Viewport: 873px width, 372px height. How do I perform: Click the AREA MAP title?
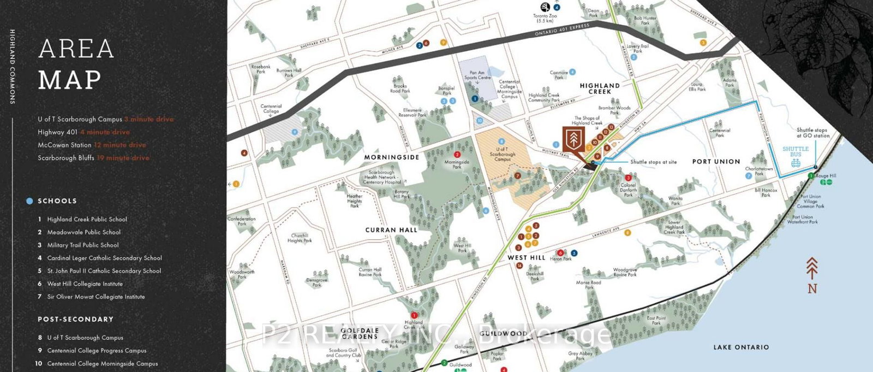[x=76, y=64]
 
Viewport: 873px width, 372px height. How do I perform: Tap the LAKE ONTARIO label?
[x=741, y=347]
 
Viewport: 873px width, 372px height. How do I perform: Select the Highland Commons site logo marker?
[x=573, y=139]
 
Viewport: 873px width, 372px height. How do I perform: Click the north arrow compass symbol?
[x=812, y=275]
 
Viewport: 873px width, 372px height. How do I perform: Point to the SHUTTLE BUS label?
[x=796, y=152]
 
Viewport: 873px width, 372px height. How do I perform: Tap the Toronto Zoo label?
[x=545, y=18]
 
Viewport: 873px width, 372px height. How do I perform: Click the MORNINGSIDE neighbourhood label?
[x=392, y=157]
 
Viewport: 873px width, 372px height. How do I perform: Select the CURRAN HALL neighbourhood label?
[x=391, y=230]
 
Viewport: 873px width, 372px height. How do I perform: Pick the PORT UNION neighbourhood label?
[x=716, y=162]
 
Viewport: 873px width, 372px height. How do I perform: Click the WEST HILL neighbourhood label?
[x=526, y=258]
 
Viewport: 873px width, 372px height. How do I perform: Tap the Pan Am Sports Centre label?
[x=477, y=75]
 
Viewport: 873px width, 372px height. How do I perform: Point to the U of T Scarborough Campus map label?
[x=502, y=154]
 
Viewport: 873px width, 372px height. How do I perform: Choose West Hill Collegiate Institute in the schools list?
[x=85, y=284]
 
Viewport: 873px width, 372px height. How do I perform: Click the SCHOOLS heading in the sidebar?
[x=57, y=201]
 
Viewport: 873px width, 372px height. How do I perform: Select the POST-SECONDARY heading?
[x=75, y=319]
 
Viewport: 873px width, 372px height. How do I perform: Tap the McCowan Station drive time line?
[x=92, y=145]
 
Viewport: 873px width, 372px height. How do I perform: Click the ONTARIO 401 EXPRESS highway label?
[x=562, y=30]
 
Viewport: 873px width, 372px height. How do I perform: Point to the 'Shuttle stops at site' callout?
[x=653, y=162]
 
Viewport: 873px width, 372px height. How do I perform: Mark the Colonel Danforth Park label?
[x=628, y=190]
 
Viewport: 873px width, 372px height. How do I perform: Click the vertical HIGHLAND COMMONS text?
[x=13, y=67]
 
